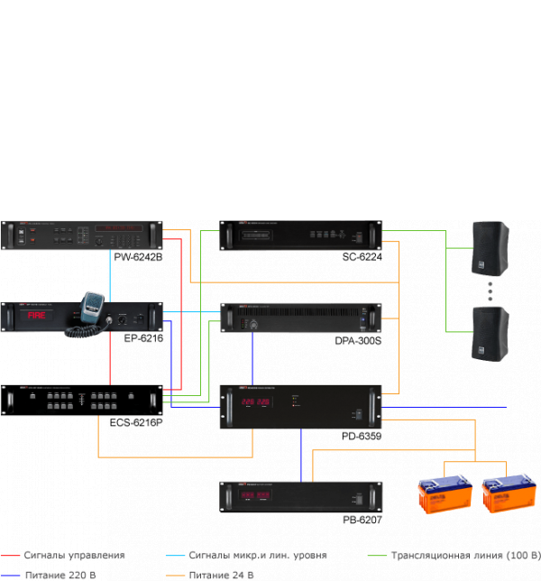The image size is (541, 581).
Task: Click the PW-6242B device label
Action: pos(138,258)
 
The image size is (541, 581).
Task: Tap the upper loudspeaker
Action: pos(491,247)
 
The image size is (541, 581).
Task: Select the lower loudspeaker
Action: pos(491,332)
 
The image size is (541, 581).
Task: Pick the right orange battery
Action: pos(507,496)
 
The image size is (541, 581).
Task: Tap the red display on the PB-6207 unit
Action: pos(253,496)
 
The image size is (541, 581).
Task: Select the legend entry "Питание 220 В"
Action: pos(60,574)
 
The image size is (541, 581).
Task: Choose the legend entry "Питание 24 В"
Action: pos(221,574)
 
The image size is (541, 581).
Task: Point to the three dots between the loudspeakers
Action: pos(491,290)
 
